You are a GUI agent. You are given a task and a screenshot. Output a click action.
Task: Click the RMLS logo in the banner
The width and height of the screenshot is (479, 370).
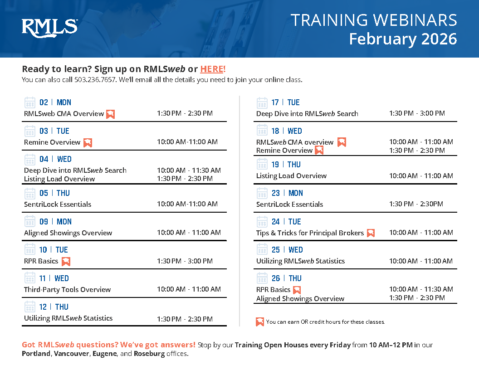(x=49, y=28)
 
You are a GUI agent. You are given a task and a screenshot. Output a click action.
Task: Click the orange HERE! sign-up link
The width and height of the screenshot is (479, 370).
(x=213, y=69)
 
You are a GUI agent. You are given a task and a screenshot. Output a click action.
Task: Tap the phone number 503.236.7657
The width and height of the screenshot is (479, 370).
(x=95, y=80)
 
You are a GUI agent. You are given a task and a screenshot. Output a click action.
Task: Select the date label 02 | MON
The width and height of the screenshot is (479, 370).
(x=55, y=102)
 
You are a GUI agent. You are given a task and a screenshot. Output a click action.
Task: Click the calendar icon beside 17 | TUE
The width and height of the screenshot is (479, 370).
(x=262, y=103)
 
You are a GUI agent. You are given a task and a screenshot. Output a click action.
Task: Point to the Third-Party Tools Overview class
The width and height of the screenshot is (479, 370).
(x=67, y=289)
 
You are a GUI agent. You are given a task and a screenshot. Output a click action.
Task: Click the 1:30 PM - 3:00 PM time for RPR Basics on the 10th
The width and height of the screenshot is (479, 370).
(x=185, y=261)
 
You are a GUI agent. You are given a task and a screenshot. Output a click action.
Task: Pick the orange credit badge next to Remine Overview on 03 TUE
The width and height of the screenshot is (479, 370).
(x=88, y=142)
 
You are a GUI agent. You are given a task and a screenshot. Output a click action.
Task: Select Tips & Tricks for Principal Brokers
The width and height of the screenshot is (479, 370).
(x=310, y=233)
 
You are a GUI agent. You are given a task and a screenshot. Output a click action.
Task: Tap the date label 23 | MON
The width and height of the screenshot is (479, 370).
(x=287, y=193)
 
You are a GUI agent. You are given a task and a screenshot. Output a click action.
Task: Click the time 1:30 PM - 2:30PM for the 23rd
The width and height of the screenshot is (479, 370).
(x=416, y=204)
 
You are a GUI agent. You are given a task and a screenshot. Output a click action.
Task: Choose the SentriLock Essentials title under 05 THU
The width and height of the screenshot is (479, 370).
(x=58, y=204)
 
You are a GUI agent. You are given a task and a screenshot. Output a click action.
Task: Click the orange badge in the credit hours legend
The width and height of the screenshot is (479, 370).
(x=260, y=322)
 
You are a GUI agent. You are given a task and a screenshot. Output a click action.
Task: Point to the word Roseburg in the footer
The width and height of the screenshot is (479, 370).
(x=149, y=354)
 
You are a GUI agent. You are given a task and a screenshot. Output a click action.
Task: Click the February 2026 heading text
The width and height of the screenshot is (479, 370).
(x=403, y=39)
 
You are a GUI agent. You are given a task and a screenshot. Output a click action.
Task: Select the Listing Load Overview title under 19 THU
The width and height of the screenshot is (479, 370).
(x=291, y=176)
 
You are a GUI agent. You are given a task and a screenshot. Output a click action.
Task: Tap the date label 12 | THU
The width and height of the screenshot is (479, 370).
(x=54, y=307)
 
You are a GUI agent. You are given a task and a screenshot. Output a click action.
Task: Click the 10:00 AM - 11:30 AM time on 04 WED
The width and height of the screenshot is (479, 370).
(x=189, y=170)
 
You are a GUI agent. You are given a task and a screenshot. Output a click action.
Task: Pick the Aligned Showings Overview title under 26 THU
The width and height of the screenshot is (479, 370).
(x=300, y=298)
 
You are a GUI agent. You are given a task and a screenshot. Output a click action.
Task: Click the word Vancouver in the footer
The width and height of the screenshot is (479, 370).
(x=72, y=354)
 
